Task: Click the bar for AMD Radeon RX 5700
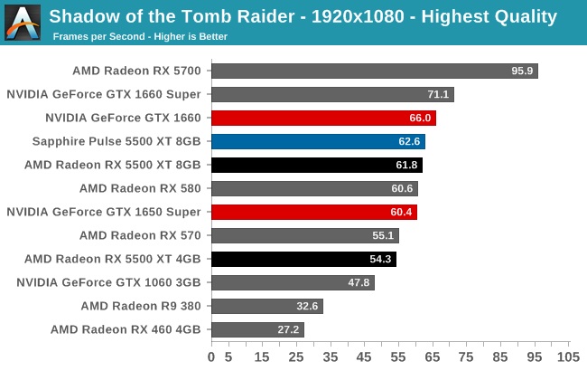(x=374, y=71)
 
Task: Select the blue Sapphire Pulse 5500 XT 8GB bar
(x=318, y=141)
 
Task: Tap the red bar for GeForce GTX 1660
(x=323, y=118)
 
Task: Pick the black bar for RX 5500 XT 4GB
(x=303, y=259)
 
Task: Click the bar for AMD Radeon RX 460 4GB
(x=257, y=329)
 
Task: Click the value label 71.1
(x=439, y=94)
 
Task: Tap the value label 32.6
(x=308, y=306)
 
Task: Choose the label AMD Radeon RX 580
(x=145, y=187)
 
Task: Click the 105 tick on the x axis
(x=568, y=357)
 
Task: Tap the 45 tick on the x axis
(x=365, y=357)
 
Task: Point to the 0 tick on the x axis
(x=211, y=357)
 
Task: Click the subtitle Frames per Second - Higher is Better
(x=140, y=36)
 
